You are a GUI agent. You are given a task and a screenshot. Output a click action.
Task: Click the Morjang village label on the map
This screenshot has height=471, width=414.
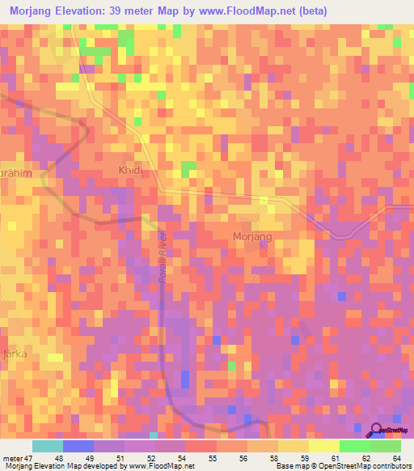coord(253,235)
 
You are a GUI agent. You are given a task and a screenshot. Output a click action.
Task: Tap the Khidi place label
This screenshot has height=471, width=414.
coord(129,172)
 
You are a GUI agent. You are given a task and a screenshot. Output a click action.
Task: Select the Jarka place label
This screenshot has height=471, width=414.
coord(14,354)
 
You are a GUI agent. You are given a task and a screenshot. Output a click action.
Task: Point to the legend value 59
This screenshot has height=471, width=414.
coord(293,457)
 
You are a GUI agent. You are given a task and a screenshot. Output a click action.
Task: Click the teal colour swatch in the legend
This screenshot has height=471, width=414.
coord(48,446)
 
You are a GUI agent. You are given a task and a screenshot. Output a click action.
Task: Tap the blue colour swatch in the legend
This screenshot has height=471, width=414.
coord(78,446)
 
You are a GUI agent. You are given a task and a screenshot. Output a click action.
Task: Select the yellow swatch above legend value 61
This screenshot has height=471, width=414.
coord(323,446)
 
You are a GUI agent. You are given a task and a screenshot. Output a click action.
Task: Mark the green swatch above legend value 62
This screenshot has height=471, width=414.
coord(354,446)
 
